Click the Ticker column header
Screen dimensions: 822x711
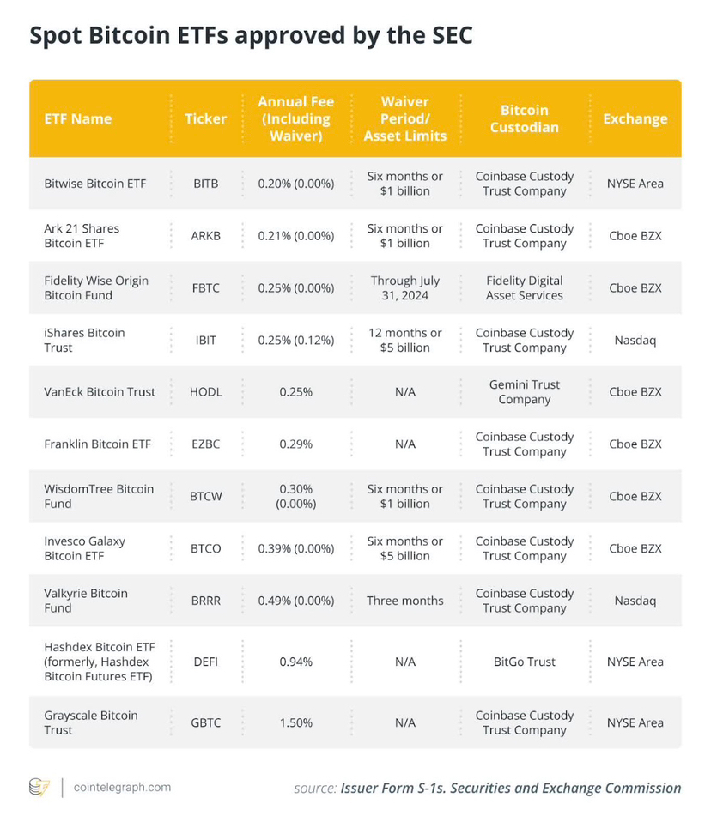click(x=206, y=118)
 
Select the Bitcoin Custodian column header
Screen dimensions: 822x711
click(x=524, y=118)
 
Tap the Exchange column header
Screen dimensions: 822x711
click(x=635, y=118)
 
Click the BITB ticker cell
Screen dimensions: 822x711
click(x=206, y=184)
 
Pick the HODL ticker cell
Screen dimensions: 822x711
click(x=206, y=392)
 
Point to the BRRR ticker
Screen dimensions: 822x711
click(x=206, y=601)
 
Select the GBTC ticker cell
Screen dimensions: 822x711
click(x=206, y=722)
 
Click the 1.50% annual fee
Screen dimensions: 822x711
click(x=295, y=722)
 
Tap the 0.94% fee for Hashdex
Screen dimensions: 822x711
click(x=295, y=662)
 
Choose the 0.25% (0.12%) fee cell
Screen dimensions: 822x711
click(x=295, y=340)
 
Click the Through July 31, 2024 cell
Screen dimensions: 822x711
click(x=405, y=288)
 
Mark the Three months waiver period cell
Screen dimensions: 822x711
click(x=405, y=601)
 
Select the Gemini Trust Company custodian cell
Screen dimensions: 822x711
click(x=524, y=392)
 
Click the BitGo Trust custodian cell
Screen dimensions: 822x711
click(x=524, y=662)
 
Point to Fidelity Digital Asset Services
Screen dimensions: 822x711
click(x=524, y=288)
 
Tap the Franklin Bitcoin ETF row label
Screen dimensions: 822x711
click(x=97, y=444)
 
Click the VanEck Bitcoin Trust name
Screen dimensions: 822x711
click(x=100, y=392)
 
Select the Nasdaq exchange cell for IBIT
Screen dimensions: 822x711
click(x=635, y=340)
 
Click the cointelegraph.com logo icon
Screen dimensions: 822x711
click(x=39, y=787)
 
